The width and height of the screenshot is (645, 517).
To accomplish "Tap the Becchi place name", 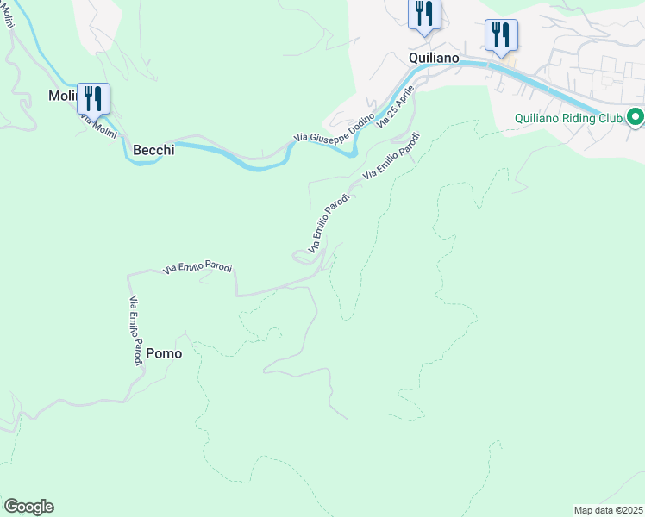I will pyautogui.click(x=153, y=150).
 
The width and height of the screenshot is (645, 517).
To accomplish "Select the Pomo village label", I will pyautogui.click(x=164, y=353).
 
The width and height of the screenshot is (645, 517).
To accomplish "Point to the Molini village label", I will pyautogui.click(x=64, y=97).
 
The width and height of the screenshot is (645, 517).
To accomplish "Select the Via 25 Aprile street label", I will pyautogui.click(x=396, y=103).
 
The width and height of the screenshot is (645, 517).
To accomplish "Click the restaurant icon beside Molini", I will pyautogui.click(x=93, y=97).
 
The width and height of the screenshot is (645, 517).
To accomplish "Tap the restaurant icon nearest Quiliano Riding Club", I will pyautogui.click(x=501, y=34).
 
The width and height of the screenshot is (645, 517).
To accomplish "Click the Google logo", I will pyautogui.click(x=28, y=507).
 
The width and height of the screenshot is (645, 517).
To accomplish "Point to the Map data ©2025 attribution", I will pyautogui.click(x=608, y=510).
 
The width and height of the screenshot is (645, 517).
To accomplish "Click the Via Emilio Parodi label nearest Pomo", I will pyautogui.click(x=135, y=332).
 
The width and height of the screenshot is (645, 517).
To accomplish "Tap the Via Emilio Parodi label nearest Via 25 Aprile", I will pyautogui.click(x=391, y=155).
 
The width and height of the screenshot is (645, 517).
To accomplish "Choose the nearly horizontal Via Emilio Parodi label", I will pyautogui.click(x=197, y=269).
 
